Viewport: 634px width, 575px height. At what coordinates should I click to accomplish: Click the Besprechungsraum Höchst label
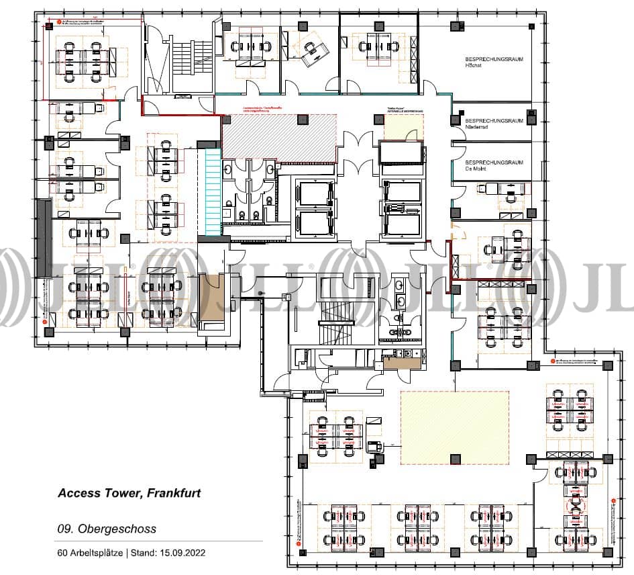[493, 63]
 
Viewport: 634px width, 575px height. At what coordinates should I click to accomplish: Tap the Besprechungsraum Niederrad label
[493, 123]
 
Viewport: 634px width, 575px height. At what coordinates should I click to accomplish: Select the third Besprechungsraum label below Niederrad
[493, 165]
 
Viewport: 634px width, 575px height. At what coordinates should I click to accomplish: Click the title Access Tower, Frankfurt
[129, 493]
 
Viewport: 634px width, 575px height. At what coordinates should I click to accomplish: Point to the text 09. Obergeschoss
[107, 529]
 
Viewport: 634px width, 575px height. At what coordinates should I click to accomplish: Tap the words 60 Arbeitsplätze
[87, 553]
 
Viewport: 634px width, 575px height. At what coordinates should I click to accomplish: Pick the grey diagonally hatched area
[278, 136]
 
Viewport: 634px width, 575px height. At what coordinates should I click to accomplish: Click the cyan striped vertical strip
[213, 192]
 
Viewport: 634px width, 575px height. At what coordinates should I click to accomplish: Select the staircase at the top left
[182, 64]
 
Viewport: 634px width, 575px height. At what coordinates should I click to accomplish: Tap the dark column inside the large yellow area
[455, 459]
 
